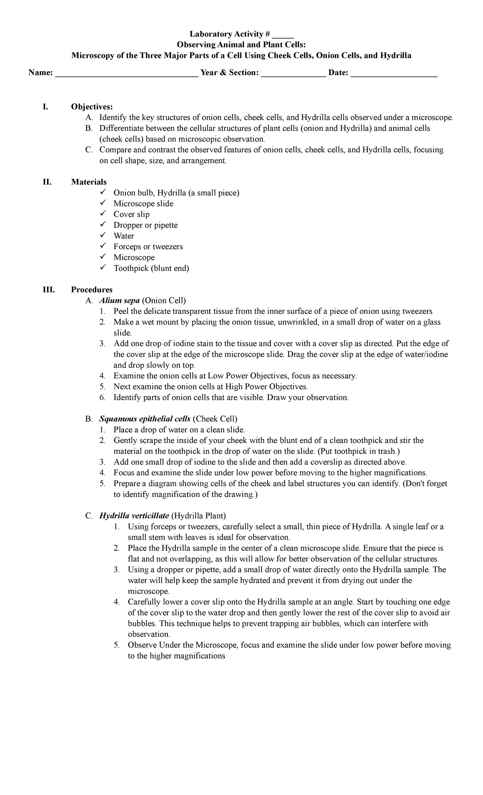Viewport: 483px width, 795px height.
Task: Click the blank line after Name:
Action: (126, 74)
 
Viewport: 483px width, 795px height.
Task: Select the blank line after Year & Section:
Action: (293, 74)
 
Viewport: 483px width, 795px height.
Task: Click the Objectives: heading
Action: (92, 107)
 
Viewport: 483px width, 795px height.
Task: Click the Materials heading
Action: (89, 182)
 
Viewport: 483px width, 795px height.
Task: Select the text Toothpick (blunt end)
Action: (151, 268)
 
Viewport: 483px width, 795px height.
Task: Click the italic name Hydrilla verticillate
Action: (134, 516)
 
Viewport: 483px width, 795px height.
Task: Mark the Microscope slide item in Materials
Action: (143, 204)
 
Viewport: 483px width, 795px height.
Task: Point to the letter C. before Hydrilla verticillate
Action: (89, 516)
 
